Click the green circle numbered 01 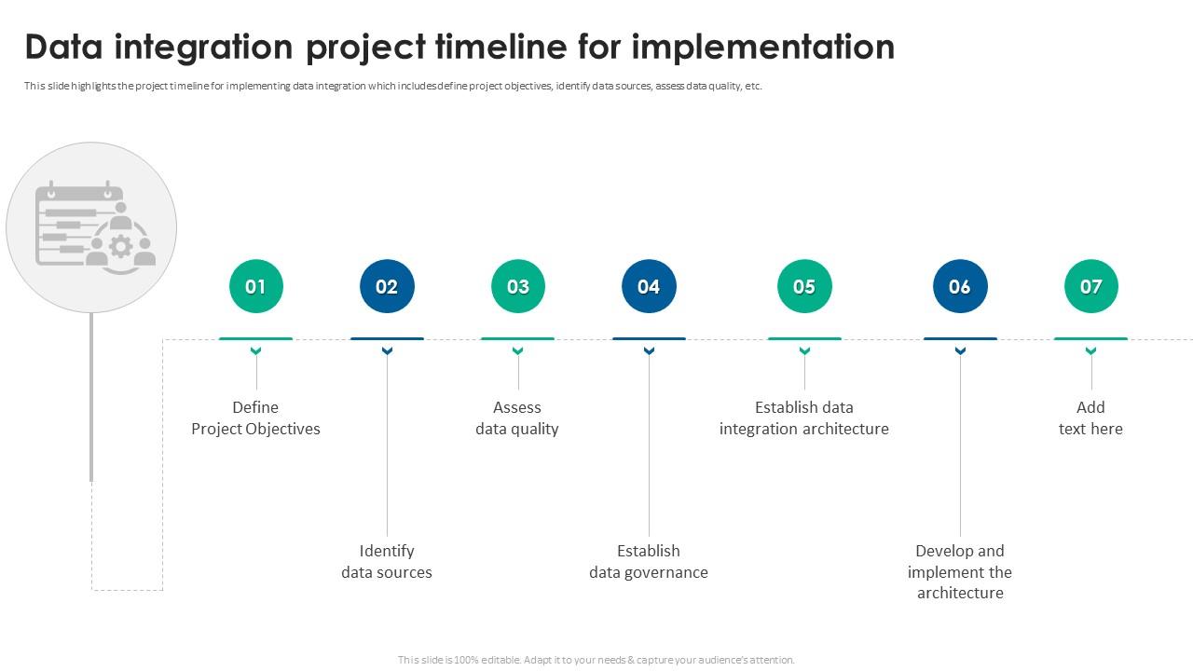(x=255, y=286)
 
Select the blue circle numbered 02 (x=387, y=286)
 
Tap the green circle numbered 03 (x=517, y=286)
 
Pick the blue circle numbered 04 (x=649, y=286)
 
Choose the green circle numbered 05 (x=804, y=286)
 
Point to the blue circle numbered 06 (x=960, y=286)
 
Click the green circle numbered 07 (x=1090, y=286)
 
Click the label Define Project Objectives (x=255, y=418)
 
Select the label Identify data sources (x=387, y=562)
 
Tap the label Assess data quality (x=517, y=418)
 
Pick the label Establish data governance (x=649, y=562)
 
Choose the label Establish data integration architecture (x=804, y=418)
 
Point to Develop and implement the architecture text (x=960, y=572)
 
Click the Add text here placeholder (x=1090, y=418)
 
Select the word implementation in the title (x=762, y=47)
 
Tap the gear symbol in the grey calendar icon (x=120, y=246)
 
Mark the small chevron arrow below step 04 (x=649, y=351)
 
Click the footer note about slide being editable (x=596, y=660)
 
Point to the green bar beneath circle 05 (x=804, y=338)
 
